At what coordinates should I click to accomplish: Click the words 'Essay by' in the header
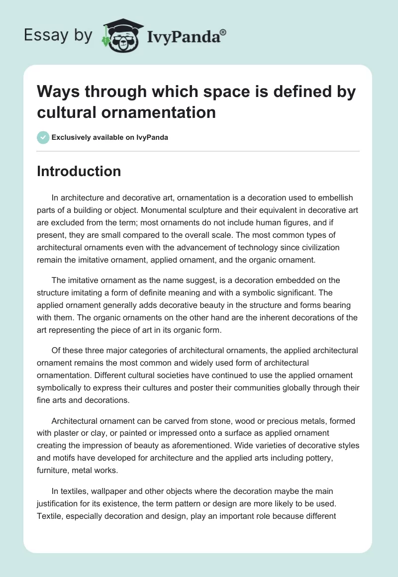click(x=58, y=35)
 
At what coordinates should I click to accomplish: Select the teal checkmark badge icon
click(x=43, y=137)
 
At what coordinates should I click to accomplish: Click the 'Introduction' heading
click(x=79, y=171)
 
